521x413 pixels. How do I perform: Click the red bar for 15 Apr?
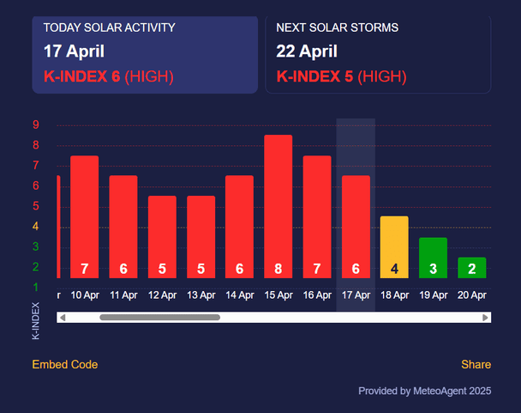[x=278, y=206]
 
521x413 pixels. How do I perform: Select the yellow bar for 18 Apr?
[x=394, y=247]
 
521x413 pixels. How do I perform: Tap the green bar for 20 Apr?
[x=472, y=268]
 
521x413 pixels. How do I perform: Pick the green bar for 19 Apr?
[x=433, y=258]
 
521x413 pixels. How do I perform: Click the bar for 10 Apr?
[x=84, y=217]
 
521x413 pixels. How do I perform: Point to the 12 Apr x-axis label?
[x=162, y=295]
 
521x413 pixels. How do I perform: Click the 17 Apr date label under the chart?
[x=356, y=295]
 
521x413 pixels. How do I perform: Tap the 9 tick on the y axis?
[x=36, y=125]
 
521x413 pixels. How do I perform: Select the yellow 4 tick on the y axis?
[x=35, y=227]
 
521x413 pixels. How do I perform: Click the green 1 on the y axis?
[x=36, y=287]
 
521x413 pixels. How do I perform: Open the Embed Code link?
[x=65, y=364]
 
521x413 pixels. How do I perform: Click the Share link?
[x=476, y=364]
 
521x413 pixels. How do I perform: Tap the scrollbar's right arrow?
[x=486, y=318]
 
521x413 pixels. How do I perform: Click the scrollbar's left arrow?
[x=63, y=318]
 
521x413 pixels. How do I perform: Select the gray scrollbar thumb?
[x=160, y=318]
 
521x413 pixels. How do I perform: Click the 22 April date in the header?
[x=307, y=52]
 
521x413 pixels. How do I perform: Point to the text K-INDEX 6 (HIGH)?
[x=109, y=76]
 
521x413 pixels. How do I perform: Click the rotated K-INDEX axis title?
[x=35, y=321]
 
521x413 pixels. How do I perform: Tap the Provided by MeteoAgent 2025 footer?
[x=425, y=391]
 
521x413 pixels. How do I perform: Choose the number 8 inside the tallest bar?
[x=278, y=269]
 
